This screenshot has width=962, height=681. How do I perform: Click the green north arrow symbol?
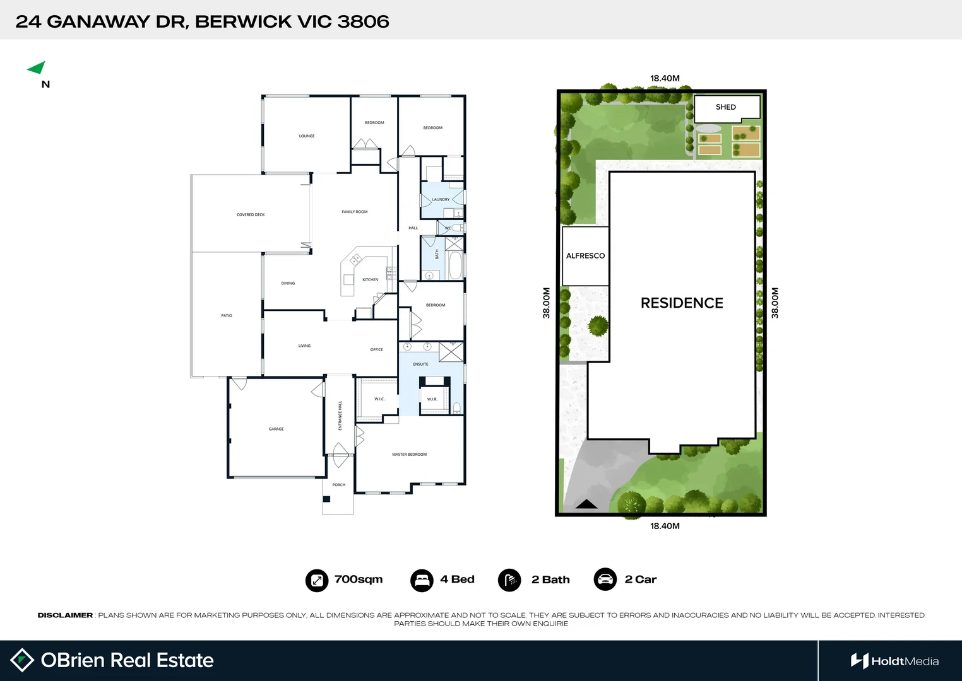click(x=37, y=67)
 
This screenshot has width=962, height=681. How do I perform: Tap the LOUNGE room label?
click(x=307, y=136)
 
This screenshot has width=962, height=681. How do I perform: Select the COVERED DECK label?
click(x=251, y=215)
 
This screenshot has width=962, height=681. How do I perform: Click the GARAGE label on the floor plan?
click(x=276, y=429)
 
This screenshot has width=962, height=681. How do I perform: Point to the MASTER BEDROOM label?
click(x=409, y=455)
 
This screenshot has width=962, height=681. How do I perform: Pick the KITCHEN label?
click(x=371, y=280)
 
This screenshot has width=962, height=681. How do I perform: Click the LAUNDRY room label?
click(x=441, y=200)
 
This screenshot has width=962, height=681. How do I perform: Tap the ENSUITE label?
click(x=420, y=364)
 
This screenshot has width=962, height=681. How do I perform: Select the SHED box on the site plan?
click(x=726, y=107)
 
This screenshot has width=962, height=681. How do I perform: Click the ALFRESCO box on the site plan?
click(x=585, y=256)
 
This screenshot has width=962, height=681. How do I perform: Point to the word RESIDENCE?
click(x=682, y=303)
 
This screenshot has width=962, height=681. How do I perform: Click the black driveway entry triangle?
click(x=586, y=504)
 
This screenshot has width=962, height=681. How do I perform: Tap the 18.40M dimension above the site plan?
click(x=665, y=79)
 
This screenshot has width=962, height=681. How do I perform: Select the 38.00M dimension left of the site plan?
click(x=547, y=303)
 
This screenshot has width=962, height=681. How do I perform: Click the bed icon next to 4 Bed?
click(x=422, y=580)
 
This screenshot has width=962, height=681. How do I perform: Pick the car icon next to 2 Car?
click(x=605, y=579)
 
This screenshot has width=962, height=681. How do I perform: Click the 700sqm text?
click(x=358, y=579)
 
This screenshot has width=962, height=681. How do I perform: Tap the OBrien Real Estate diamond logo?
click(x=23, y=660)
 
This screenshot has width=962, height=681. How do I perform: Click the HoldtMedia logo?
click(x=894, y=661)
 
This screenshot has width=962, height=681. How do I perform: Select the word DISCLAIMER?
click(x=65, y=615)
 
